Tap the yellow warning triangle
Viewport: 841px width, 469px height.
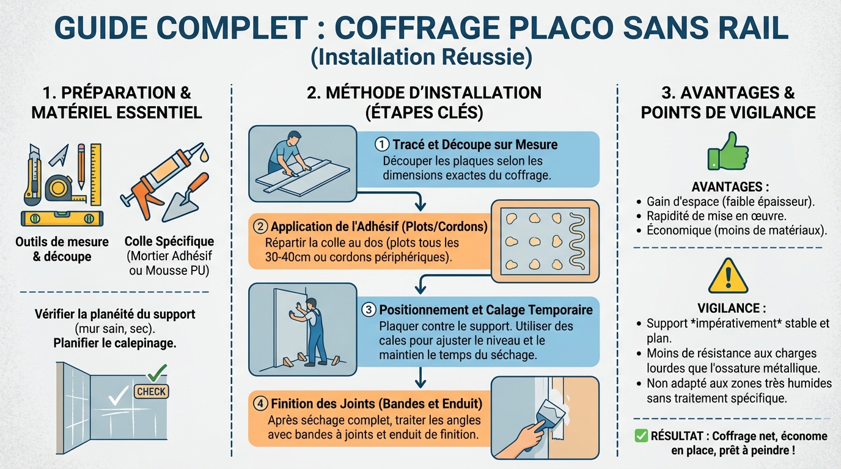(x=728, y=277)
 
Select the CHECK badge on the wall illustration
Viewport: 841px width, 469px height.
(x=152, y=391)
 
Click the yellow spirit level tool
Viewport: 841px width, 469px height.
(x=62, y=218)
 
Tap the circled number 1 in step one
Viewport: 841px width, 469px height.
(x=382, y=145)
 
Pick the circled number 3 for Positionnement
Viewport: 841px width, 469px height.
(x=369, y=310)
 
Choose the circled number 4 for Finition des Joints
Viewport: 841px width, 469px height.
(x=260, y=404)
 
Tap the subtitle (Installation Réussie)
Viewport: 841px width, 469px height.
(x=420, y=58)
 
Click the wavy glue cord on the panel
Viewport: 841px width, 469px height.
(x=576, y=241)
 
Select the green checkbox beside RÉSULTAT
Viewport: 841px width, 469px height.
(x=641, y=435)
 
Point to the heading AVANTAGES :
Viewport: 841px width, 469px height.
(x=730, y=186)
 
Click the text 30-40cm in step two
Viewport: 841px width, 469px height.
(x=288, y=257)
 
